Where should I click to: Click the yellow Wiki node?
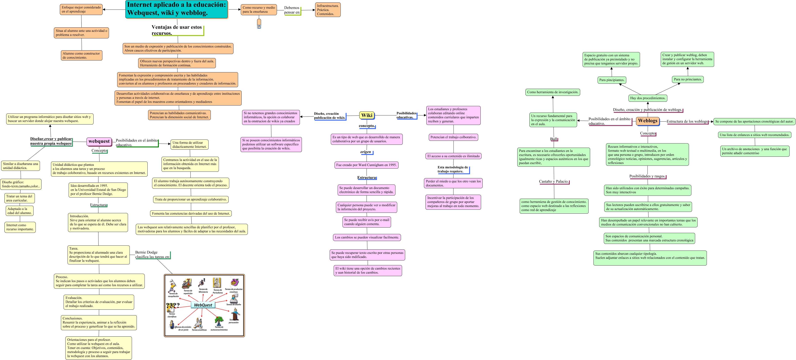[x=367, y=115]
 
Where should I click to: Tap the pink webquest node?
[x=99, y=141]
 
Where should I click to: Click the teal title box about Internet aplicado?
[x=177, y=9]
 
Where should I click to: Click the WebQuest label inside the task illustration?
[x=203, y=305]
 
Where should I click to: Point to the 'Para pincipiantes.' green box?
[x=612, y=80]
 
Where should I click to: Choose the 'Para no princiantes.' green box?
[x=688, y=79]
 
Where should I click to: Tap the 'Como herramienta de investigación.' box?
[x=553, y=92]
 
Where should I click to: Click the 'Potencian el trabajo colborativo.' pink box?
[x=453, y=137]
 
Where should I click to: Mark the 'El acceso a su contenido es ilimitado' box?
[x=453, y=156]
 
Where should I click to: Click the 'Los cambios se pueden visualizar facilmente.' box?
[x=367, y=237]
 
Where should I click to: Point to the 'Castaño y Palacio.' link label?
[x=554, y=182]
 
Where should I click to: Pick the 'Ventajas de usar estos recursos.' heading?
[x=177, y=30]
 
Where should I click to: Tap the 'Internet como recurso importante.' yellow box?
[x=20, y=227]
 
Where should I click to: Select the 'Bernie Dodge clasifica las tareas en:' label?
[x=152, y=255]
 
